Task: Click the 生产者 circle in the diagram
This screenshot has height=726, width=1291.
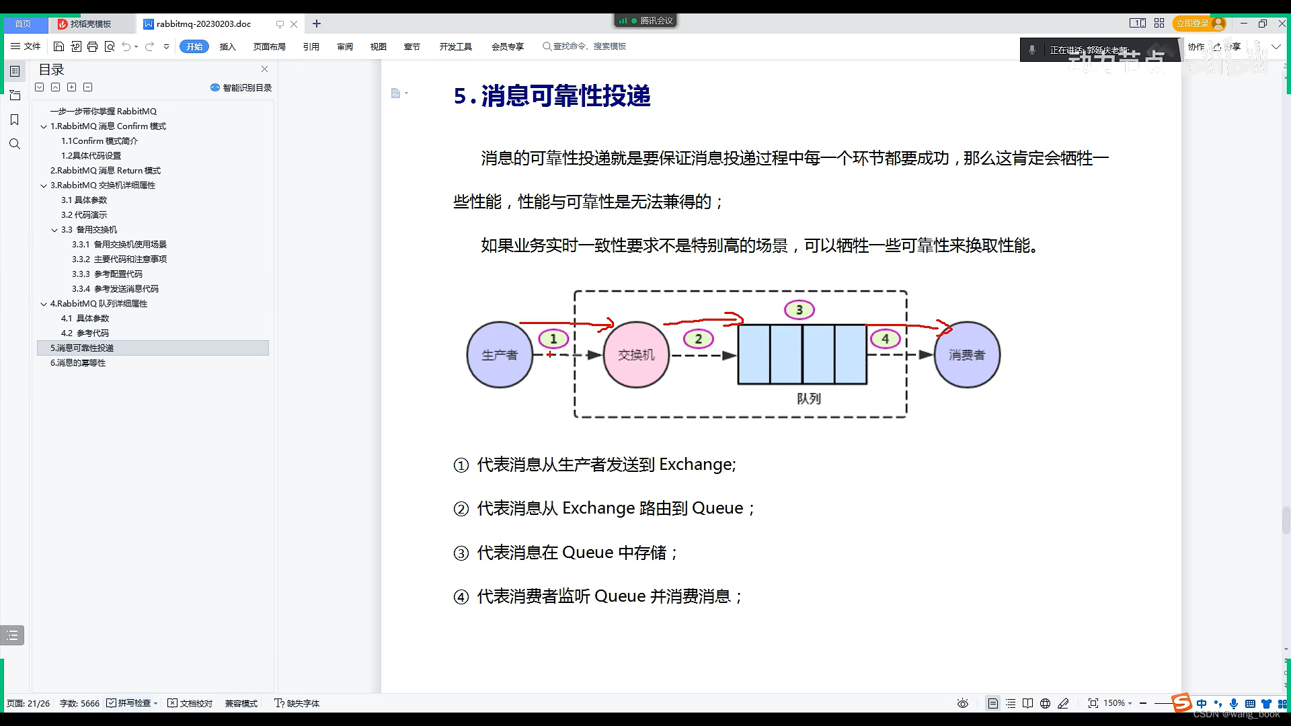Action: tap(500, 355)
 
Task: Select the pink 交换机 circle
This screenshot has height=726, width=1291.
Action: tap(636, 355)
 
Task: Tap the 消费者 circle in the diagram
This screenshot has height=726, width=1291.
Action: tap(967, 355)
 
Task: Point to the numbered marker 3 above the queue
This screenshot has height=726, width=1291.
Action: tap(799, 310)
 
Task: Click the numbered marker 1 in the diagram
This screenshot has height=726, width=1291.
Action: tap(554, 339)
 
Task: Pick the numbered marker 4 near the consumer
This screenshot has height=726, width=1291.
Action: tap(886, 339)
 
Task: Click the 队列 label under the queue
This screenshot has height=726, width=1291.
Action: tap(809, 399)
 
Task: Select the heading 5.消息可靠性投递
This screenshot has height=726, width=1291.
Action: tap(552, 96)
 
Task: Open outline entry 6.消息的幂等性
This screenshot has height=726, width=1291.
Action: tap(78, 363)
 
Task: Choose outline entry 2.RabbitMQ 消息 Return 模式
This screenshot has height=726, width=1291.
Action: tap(106, 171)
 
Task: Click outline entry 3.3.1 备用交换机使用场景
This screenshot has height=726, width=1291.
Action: tap(120, 245)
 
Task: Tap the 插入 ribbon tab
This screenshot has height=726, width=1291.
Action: tap(228, 46)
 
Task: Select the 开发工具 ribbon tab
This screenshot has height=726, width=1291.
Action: tap(456, 46)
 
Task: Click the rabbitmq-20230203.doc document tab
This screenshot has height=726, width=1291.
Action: tap(204, 24)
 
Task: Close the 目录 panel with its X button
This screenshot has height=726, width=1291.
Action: tap(265, 69)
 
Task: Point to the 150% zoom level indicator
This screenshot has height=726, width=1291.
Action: tap(1114, 703)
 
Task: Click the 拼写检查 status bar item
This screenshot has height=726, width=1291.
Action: tap(133, 703)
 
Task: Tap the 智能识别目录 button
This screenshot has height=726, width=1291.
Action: tap(241, 88)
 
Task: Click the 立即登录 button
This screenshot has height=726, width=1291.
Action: tap(1193, 24)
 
